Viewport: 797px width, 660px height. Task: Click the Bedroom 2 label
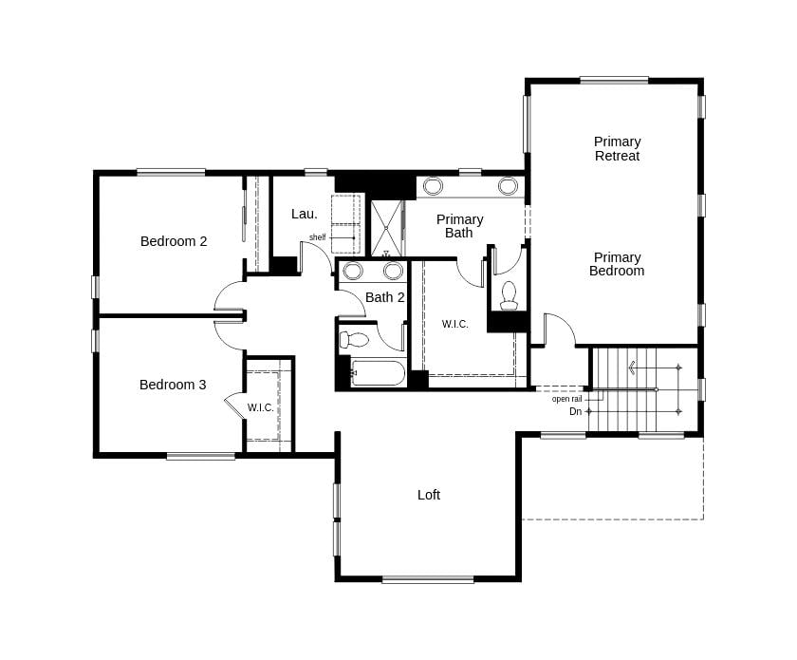[x=174, y=241]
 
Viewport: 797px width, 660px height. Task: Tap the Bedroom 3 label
[x=173, y=385]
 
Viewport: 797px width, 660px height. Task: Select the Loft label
[x=429, y=495]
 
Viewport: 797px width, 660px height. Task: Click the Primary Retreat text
[x=618, y=149]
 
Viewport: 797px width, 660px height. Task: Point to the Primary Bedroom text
[x=617, y=264]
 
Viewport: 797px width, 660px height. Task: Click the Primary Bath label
[x=459, y=226]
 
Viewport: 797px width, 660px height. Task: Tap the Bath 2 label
[x=385, y=297]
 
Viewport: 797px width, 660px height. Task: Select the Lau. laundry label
[x=305, y=215]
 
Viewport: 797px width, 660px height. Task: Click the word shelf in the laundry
[x=317, y=237]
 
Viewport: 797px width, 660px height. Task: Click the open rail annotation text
[x=566, y=399]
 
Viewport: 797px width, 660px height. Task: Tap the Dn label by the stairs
[x=575, y=411]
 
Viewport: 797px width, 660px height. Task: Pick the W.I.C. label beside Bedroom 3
[x=261, y=407]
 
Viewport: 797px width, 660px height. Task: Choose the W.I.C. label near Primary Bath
[x=455, y=324]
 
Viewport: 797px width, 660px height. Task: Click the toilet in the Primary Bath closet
[x=509, y=295]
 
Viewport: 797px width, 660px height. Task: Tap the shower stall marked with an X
[x=386, y=228]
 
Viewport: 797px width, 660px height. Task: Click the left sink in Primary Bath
[x=433, y=186]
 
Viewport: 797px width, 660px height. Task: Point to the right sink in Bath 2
[x=393, y=271]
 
